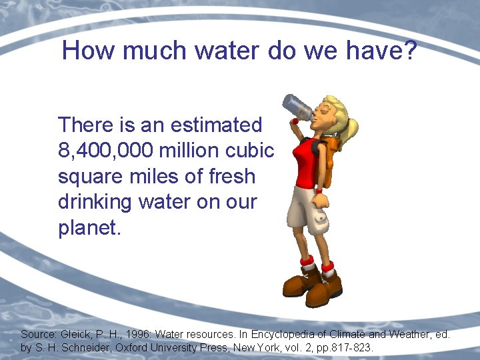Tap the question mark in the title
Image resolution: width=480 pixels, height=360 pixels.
click(407, 51)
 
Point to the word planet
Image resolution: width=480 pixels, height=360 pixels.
click(89, 229)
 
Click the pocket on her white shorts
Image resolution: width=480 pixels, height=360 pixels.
click(321, 217)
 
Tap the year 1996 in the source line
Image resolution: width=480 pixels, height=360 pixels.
click(137, 334)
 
